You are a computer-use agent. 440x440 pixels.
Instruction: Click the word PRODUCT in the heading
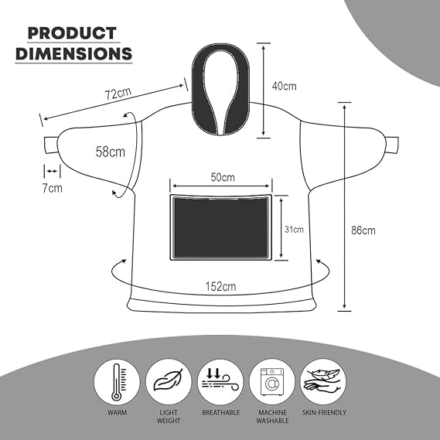(x=72, y=32)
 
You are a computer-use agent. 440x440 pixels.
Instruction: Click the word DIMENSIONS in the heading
(x=73, y=53)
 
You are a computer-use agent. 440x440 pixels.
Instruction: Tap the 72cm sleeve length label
(x=118, y=94)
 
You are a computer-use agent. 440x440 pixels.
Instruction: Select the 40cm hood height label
(x=284, y=86)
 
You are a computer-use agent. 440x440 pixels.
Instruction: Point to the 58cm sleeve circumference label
(x=111, y=152)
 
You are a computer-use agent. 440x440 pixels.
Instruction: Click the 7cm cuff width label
(x=52, y=188)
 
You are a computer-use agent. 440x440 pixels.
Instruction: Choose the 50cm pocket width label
(x=223, y=177)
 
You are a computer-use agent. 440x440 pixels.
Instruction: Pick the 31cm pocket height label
(x=294, y=229)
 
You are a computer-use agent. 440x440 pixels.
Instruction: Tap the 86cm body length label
(x=363, y=230)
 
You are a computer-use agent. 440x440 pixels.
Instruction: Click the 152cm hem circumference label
(x=220, y=287)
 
